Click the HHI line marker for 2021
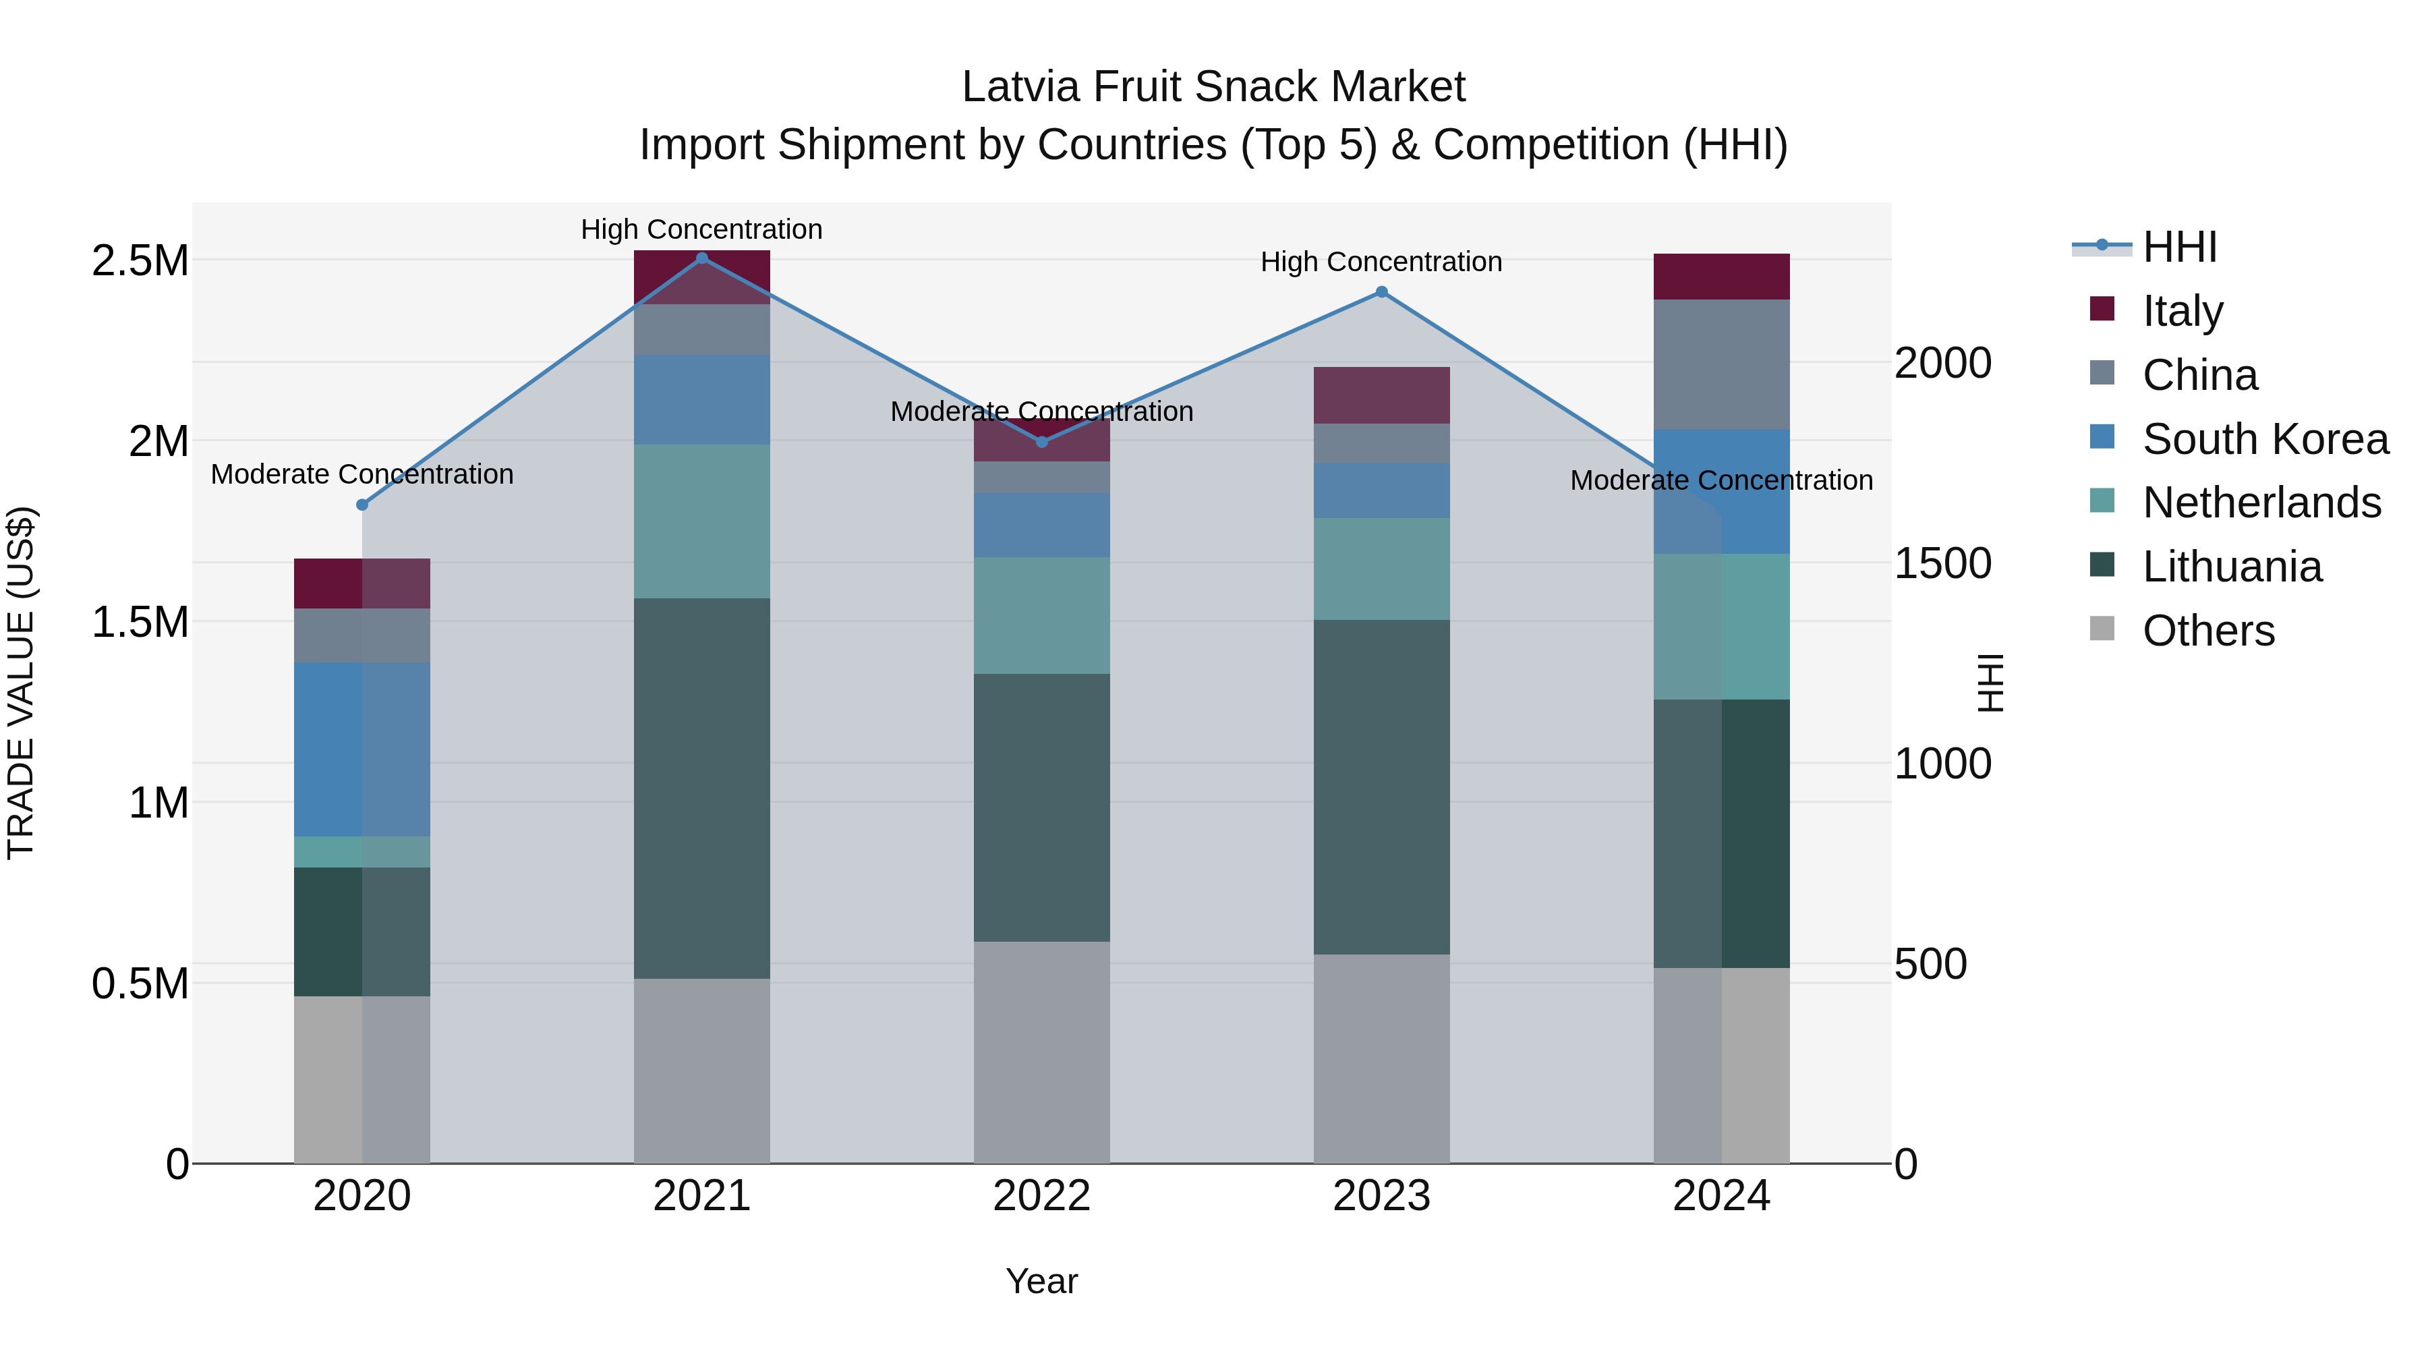coord(701,258)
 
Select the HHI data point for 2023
coord(1382,292)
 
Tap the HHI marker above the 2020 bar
coord(362,505)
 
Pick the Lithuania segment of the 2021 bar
coord(701,787)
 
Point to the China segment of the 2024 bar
coord(1721,365)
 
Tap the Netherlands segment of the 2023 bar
coord(1382,569)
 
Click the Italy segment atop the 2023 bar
coord(1382,395)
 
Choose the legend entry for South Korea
coord(2265,439)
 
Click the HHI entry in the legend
coord(2179,247)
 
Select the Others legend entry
coord(2207,631)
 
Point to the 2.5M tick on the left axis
coord(140,261)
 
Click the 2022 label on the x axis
coord(1041,1196)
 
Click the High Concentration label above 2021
coord(701,229)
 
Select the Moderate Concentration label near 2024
coord(1721,480)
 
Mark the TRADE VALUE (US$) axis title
coord(21,683)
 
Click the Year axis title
coord(1041,1281)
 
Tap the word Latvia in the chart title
coord(1020,87)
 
